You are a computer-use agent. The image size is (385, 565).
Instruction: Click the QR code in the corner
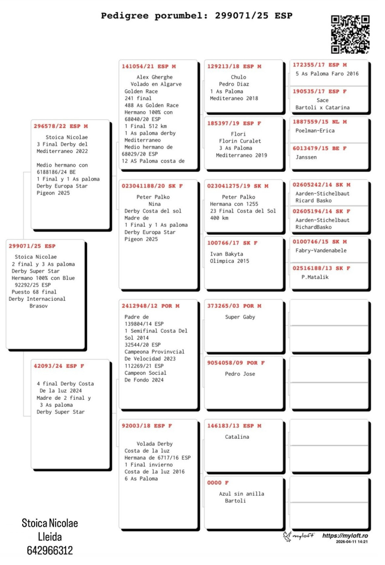[x=350, y=34]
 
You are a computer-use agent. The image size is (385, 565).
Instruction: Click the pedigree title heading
[x=197, y=16]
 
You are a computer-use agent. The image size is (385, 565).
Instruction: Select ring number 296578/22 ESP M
[x=61, y=126]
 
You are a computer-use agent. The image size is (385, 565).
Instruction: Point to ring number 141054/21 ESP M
[x=148, y=66]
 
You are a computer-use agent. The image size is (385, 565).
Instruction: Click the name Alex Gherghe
[x=155, y=77]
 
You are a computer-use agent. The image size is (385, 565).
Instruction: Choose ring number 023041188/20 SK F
[x=152, y=186]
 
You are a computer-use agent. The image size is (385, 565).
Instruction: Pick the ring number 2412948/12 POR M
[x=151, y=306]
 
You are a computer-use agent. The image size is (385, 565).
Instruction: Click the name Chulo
[x=238, y=77]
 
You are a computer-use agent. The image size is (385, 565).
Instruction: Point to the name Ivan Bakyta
[x=229, y=254]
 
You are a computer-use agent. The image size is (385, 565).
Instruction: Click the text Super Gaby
[x=240, y=317]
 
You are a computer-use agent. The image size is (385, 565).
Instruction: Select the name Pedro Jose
[x=240, y=374]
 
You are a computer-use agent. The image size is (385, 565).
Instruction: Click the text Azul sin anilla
[x=241, y=494]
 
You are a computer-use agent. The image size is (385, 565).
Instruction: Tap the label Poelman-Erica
[x=315, y=130]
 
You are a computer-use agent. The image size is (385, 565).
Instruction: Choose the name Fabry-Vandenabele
[x=321, y=250]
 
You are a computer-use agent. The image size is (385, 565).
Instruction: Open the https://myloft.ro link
[x=345, y=535]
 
